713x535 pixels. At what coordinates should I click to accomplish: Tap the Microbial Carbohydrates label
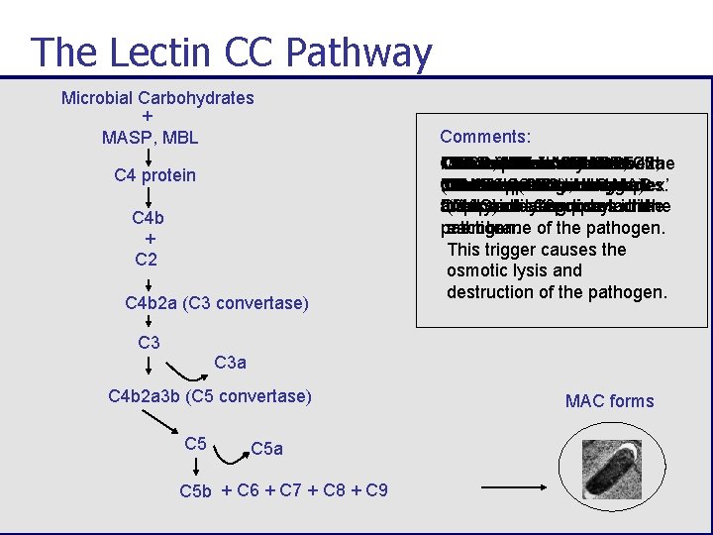click(x=157, y=98)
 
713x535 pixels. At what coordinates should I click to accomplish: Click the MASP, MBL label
click(x=150, y=137)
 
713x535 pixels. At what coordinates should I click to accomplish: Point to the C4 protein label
click(x=155, y=175)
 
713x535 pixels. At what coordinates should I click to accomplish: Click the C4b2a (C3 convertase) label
click(x=217, y=303)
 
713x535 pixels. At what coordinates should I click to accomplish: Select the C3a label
click(x=231, y=364)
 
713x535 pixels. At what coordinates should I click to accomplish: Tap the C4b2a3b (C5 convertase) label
click(x=210, y=397)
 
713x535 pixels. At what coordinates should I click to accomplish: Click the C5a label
click(x=266, y=449)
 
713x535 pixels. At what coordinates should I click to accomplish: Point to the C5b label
click(x=196, y=491)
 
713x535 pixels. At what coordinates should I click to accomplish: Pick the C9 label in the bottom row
click(x=376, y=490)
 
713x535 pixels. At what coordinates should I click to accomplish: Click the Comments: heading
click(x=485, y=137)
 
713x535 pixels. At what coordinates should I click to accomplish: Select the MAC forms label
click(x=609, y=401)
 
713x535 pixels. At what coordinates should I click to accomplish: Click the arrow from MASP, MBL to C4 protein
click(x=148, y=157)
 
